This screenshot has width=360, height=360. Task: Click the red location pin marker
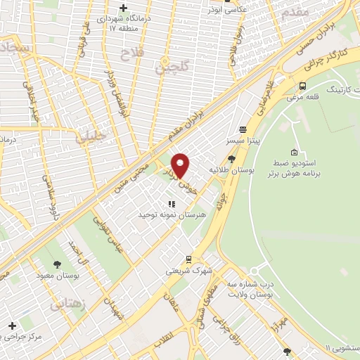[181, 165]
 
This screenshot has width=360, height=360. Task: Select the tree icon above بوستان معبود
[57, 264]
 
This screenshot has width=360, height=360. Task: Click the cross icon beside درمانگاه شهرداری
[124, 8]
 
